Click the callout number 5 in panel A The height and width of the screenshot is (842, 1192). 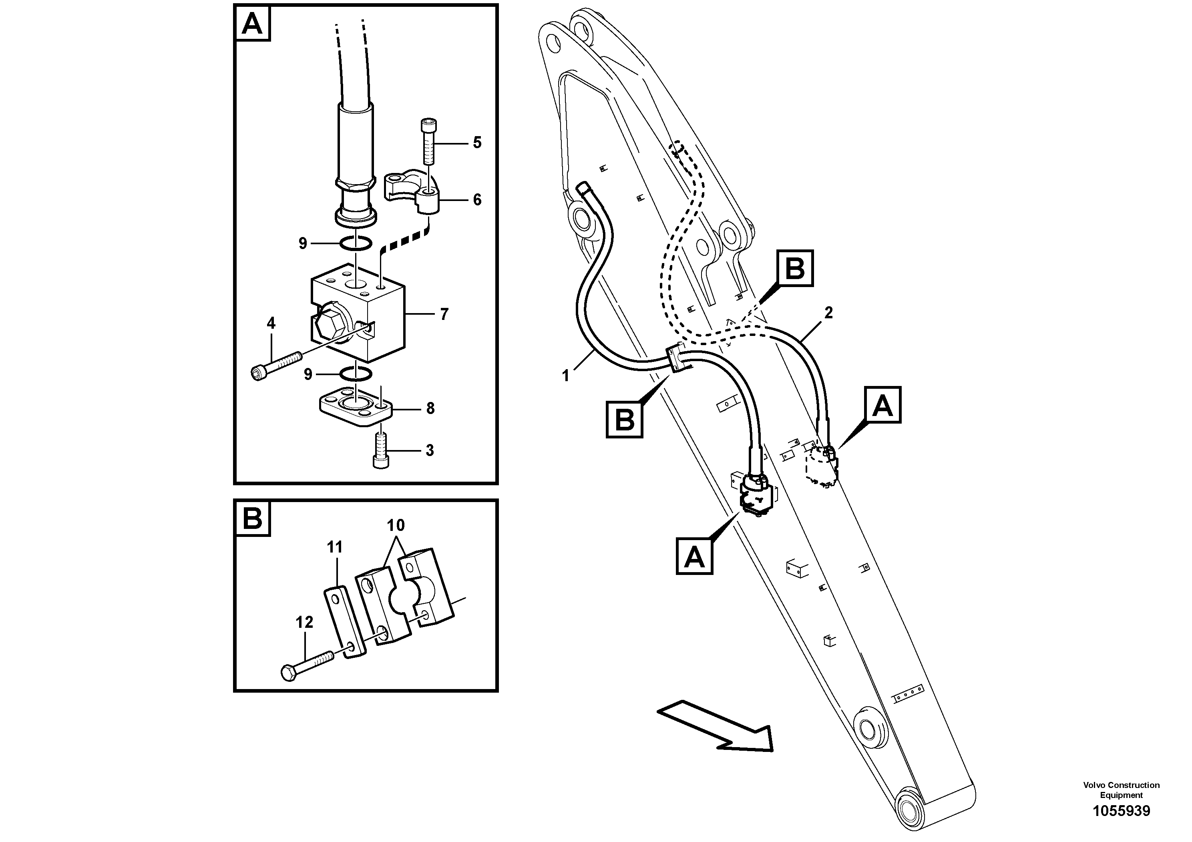point(476,142)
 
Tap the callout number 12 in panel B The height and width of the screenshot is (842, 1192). point(305,623)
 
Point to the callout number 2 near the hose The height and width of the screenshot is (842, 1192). point(828,313)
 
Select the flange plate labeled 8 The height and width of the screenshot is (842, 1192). point(353,408)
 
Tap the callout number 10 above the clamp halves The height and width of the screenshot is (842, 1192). point(396,525)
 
